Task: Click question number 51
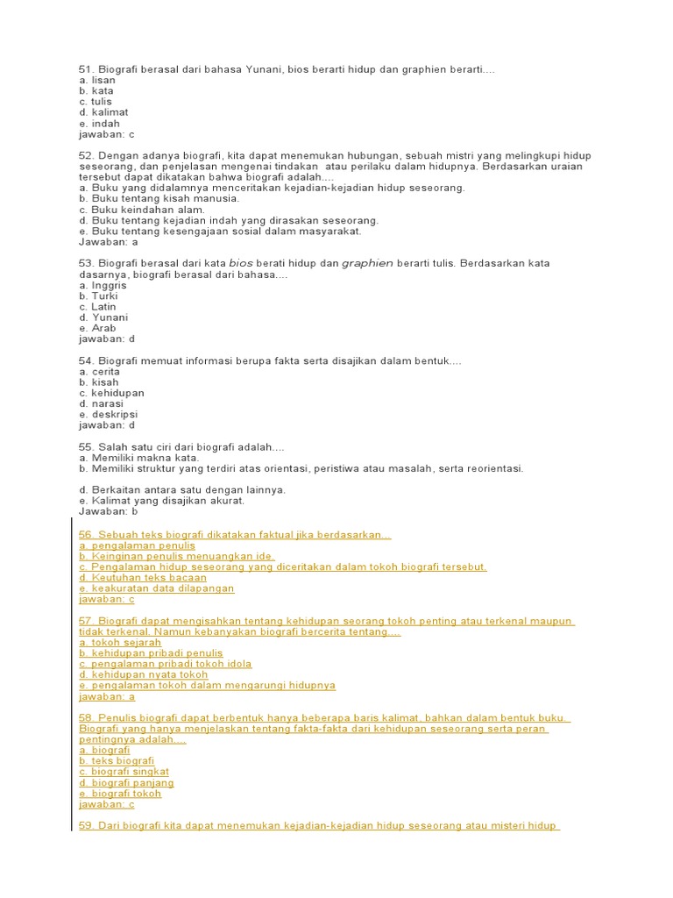coord(86,69)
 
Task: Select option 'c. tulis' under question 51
coord(96,102)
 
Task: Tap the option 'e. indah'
coord(99,124)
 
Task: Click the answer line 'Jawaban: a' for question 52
coord(109,242)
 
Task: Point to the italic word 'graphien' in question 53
coord(367,263)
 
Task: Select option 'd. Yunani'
coord(103,317)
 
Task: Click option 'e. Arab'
coord(97,328)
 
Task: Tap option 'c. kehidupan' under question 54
coord(111,393)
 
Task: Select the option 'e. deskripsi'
coord(109,414)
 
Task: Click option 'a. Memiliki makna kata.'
coord(139,458)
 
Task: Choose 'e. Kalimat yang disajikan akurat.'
coord(162,500)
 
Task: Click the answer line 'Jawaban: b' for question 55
coord(109,511)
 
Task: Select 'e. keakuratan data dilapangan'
coord(157,588)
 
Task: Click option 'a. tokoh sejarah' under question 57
coord(120,643)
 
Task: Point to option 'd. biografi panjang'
coord(126,783)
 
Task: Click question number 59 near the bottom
coord(86,826)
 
